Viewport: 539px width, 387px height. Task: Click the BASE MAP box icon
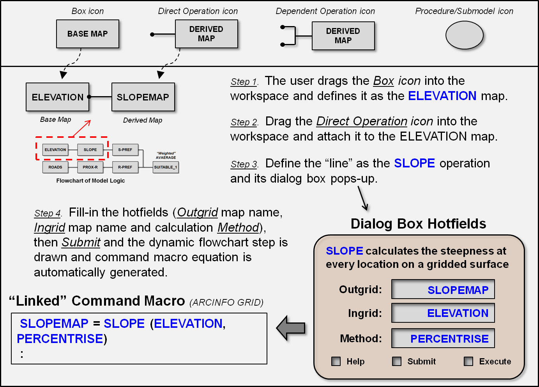(88, 34)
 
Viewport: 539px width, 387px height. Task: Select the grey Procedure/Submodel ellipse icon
(464, 35)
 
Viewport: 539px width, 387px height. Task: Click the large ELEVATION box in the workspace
(58, 97)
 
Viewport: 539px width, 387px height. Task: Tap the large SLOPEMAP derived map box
(143, 97)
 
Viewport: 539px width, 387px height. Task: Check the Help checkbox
(336, 361)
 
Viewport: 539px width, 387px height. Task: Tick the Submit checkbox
(397, 361)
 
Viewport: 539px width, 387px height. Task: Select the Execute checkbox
(468, 361)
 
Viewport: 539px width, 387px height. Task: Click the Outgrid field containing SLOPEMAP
(443, 289)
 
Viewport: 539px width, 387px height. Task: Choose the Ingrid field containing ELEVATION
(443, 313)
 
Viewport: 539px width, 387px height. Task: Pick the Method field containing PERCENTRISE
(443, 338)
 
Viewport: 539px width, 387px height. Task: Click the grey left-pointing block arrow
(291, 328)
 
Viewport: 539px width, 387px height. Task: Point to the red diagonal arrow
(82, 128)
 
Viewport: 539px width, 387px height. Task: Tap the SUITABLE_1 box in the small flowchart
(166, 167)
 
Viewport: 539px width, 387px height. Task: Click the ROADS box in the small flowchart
(55, 167)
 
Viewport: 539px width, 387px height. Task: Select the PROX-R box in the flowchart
(90, 167)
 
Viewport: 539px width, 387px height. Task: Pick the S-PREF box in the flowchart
(125, 150)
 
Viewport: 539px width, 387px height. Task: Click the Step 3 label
(244, 164)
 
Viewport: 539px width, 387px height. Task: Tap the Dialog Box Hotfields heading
(418, 224)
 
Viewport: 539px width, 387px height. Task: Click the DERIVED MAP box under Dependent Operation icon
(343, 36)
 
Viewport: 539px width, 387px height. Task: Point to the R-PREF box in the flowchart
(125, 167)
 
